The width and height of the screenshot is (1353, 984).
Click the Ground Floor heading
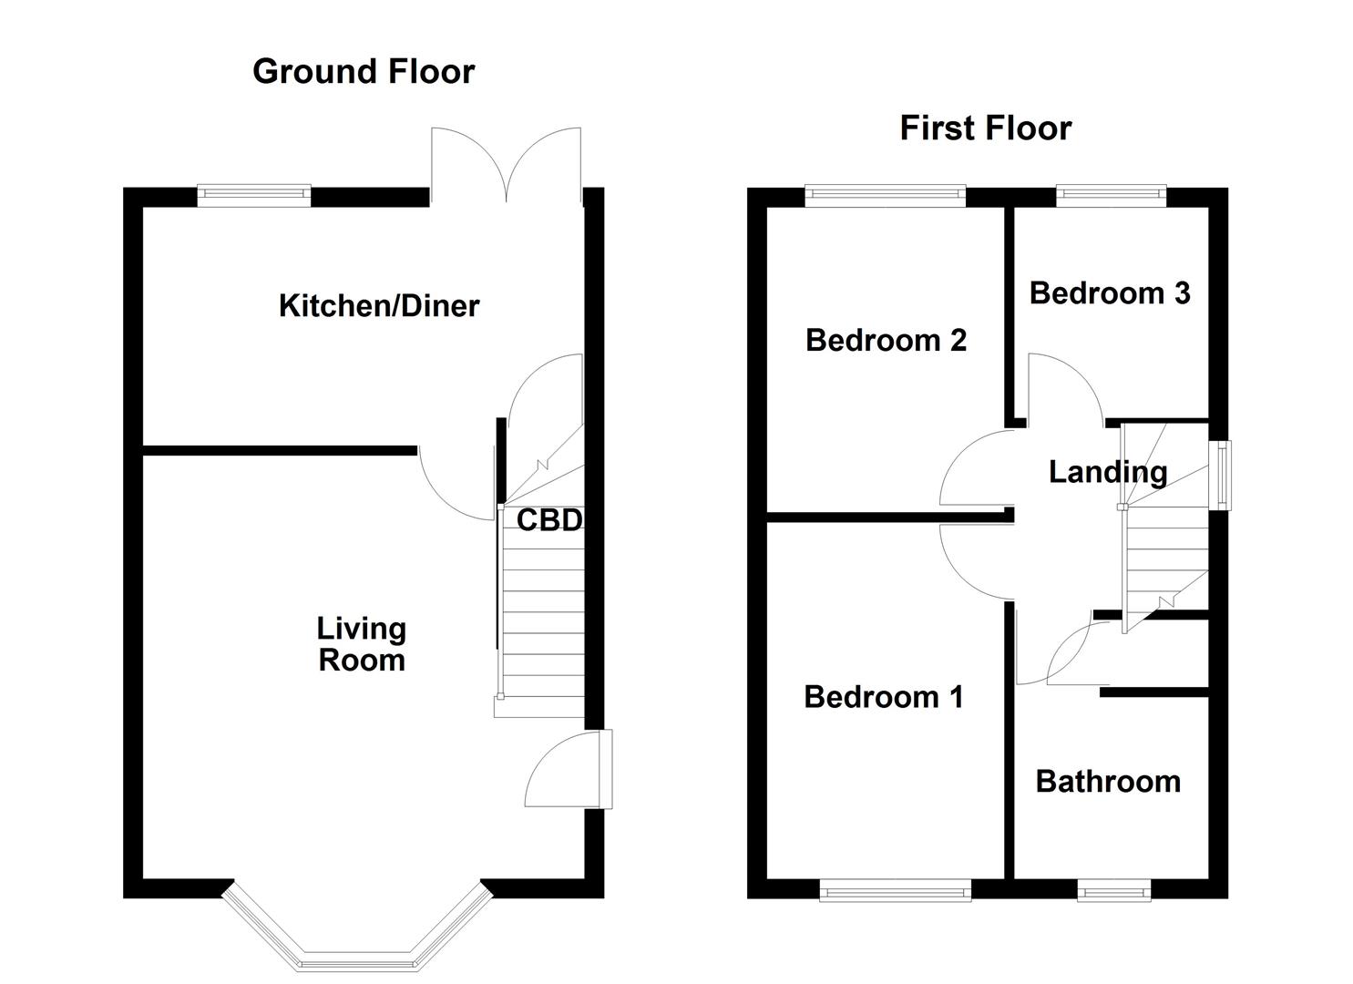(363, 71)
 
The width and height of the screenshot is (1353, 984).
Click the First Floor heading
(985, 128)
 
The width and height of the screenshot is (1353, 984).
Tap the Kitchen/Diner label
(378, 305)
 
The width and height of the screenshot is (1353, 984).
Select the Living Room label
(361, 644)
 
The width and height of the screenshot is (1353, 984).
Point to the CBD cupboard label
(548, 520)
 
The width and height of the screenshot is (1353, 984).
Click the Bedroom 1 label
(883, 697)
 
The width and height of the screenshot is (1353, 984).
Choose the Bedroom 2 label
(886, 340)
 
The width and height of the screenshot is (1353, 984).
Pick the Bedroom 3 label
(1109, 292)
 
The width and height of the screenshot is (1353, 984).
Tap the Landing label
(1107, 471)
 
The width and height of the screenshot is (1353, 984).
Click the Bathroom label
(1108, 782)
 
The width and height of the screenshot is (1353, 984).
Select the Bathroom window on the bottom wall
(1113, 889)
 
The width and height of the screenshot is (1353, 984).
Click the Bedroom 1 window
(895, 889)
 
